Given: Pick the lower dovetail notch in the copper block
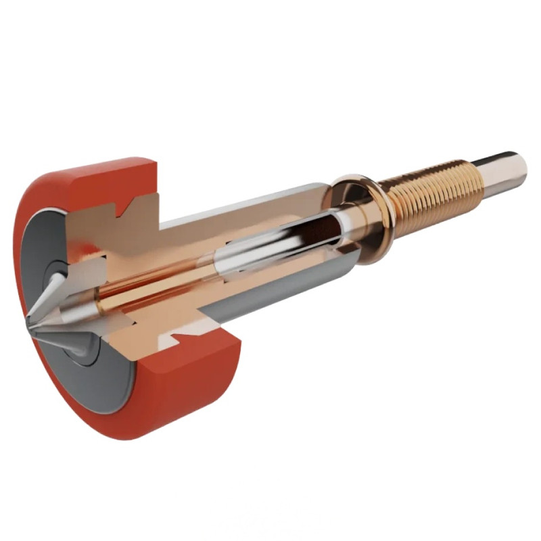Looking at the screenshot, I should [177, 331].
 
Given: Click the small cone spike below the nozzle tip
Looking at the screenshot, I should [78, 348].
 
